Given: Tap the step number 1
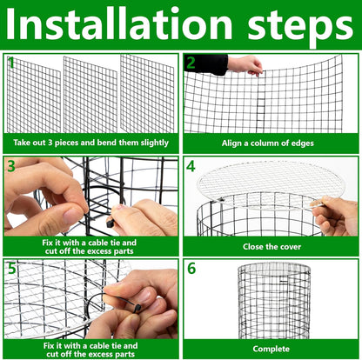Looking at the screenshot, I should [x=12, y=63].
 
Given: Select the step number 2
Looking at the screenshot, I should [x=191, y=63].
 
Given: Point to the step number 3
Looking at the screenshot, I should [x=12, y=165].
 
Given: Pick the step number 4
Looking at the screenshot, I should [x=191, y=165].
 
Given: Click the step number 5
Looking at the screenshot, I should [x=12, y=266].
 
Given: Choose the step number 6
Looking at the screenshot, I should [x=191, y=266].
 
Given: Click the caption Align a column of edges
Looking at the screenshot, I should [x=271, y=142].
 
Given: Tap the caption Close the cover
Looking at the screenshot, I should [x=271, y=246].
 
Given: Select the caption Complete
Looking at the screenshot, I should [x=271, y=348].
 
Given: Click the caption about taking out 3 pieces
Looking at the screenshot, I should [x=90, y=142].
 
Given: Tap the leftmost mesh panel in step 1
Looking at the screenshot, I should [x=34, y=96].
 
